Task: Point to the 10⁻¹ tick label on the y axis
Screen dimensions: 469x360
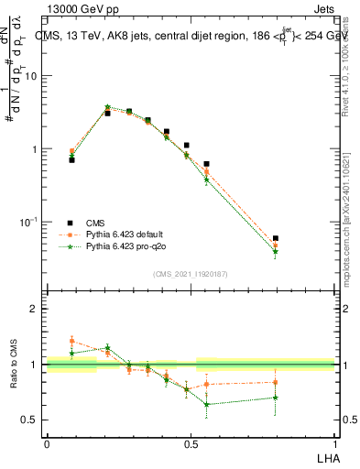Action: click(x=29, y=222)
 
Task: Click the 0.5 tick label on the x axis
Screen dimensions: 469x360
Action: click(x=191, y=442)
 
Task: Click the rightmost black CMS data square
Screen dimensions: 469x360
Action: click(x=276, y=238)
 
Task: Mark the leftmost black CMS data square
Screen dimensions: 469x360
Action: click(x=71, y=159)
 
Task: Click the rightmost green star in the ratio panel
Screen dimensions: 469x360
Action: click(x=276, y=398)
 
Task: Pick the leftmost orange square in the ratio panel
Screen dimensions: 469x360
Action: click(x=71, y=341)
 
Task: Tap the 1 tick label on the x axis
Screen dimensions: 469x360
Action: click(x=335, y=442)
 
